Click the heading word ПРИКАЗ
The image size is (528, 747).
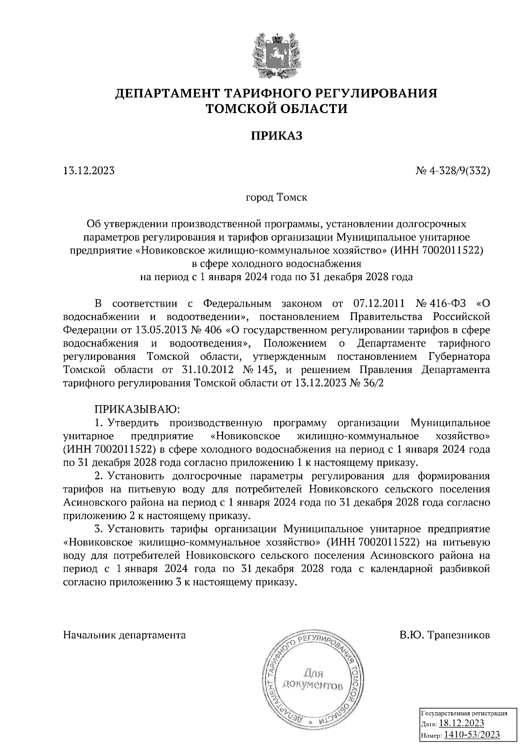277,136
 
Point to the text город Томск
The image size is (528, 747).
276,197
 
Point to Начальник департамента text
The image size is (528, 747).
125,635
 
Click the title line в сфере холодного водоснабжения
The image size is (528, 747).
276,264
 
